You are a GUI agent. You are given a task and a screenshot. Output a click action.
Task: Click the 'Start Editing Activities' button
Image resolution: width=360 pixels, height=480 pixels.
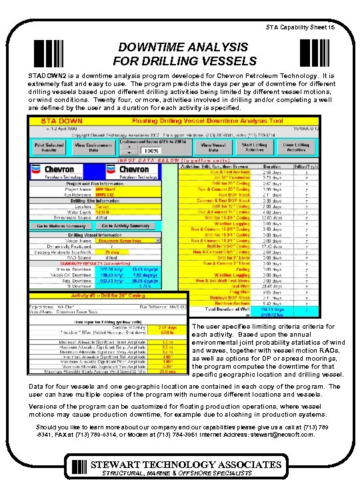(254, 147)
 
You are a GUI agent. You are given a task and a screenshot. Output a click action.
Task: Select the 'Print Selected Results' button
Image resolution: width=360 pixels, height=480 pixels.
(49, 147)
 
